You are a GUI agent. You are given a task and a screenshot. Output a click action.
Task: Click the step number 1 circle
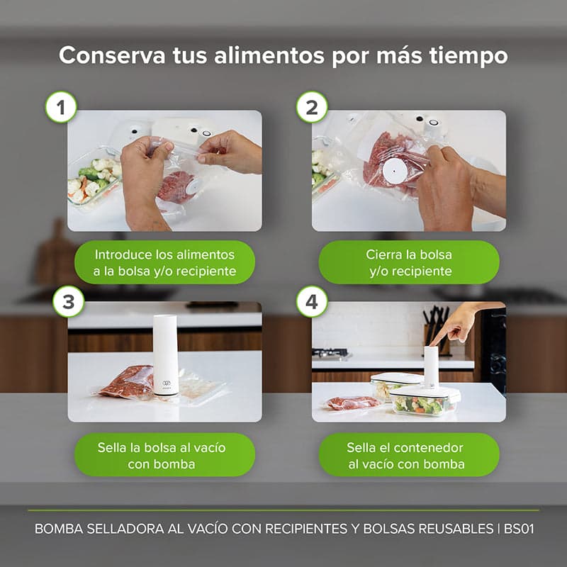click(61, 108)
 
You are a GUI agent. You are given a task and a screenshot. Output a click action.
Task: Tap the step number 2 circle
click(312, 108)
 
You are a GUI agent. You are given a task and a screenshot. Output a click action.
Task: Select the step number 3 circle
click(68, 301)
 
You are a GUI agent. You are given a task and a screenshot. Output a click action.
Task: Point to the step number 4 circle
click(312, 301)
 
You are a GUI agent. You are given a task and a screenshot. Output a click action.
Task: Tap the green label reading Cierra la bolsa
click(409, 262)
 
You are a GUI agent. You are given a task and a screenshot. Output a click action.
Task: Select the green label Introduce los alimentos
click(164, 262)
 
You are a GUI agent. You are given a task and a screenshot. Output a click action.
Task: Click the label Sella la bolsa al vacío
click(164, 455)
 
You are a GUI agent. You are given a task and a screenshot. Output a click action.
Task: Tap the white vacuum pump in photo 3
click(165, 354)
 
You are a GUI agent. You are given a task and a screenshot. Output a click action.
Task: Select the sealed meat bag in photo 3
click(128, 383)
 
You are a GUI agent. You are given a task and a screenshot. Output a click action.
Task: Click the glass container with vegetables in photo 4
click(424, 403)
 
